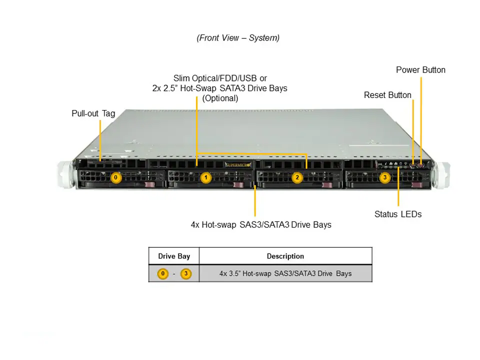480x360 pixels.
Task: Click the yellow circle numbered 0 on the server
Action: [x=115, y=177]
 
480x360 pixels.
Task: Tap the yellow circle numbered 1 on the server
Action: [x=205, y=177]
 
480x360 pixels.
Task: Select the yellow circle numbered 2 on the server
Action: [x=296, y=177]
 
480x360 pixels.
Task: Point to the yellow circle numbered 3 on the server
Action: [x=384, y=177]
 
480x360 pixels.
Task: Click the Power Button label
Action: [x=420, y=70]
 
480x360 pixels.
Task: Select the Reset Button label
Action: [x=387, y=95]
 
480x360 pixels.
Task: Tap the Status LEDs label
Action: [x=398, y=214]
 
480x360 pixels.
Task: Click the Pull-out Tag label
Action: [x=93, y=113]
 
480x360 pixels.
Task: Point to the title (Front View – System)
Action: [x=238, y=38]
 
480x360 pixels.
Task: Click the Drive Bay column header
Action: [x=174, y=256]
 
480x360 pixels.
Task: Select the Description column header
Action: [x=285, y=256]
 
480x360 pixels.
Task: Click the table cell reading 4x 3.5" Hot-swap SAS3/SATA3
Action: [x=285, y=273]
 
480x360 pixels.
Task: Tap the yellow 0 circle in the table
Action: [x=162, y=273]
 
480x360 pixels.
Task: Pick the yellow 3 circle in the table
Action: [x=185, y=273]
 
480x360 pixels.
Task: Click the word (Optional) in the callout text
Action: [x=220, y=98]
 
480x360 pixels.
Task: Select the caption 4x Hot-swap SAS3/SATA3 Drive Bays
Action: [x=261, y=225]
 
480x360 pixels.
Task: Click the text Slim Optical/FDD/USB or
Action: [x=220, y=78]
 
